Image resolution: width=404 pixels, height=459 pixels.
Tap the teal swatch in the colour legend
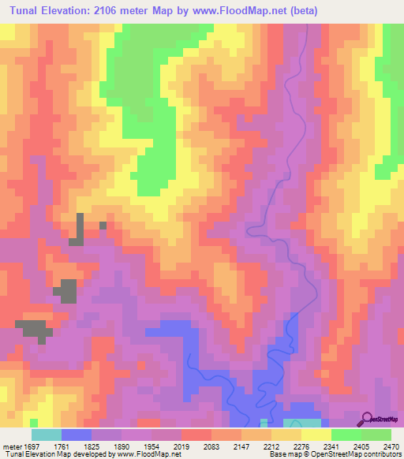[46, 435]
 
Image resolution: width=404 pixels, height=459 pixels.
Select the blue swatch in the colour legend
[76, 435]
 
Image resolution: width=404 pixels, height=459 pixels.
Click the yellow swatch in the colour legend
[316, 435]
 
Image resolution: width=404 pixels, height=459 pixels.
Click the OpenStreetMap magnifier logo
[368, 419]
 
